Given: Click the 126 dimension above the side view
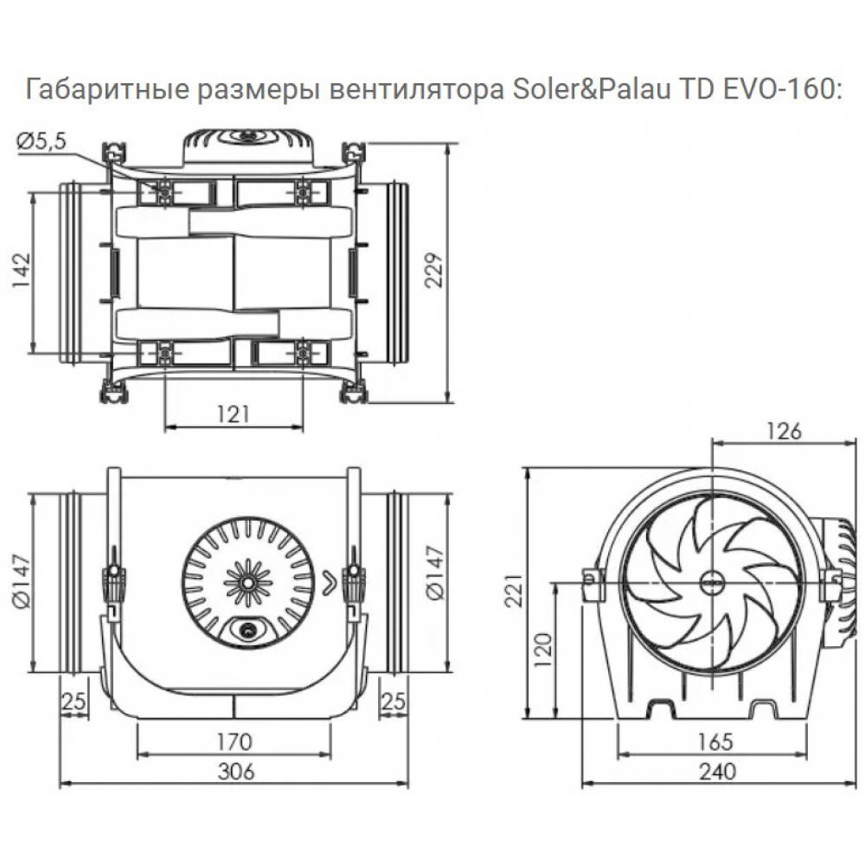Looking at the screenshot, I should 785,430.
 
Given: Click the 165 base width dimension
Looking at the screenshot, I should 714,741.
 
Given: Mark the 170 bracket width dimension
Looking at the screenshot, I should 234,741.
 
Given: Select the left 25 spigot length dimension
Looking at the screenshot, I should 74,702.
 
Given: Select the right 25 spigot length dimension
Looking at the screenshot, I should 394,702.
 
